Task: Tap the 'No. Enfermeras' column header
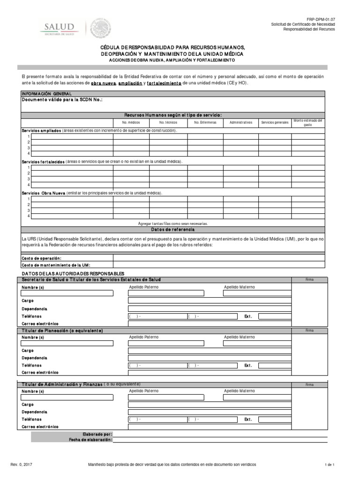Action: point(205,122)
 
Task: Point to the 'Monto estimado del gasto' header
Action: point(307,122)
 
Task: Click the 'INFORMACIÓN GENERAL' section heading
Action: point(47,93)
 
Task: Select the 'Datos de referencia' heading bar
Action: point(172,230)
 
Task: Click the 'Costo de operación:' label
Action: point(42,258)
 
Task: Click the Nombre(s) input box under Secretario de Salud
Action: point(67,293)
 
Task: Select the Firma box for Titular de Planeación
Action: point(309,349)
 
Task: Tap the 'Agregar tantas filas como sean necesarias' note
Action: point(172,224)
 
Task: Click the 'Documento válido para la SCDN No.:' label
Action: point(62,100)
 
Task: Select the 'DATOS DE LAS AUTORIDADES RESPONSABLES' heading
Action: point(73,273)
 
